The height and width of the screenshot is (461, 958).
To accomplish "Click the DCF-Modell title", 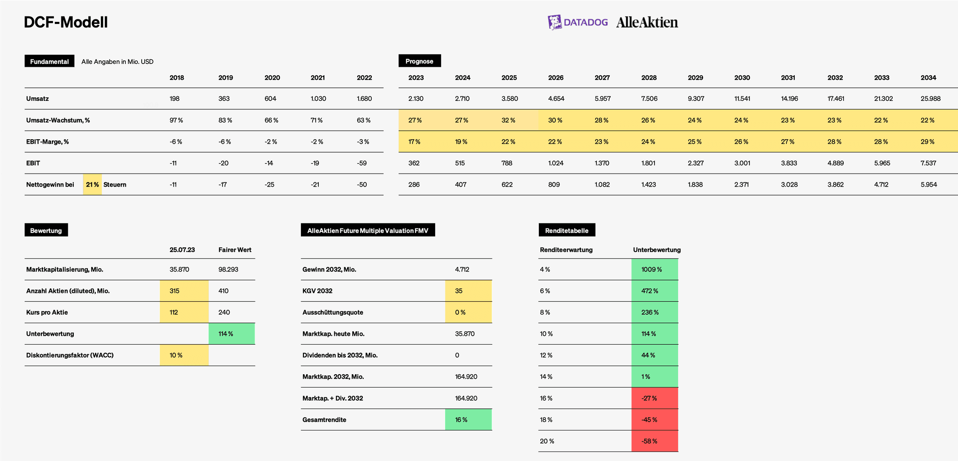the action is point(66,22).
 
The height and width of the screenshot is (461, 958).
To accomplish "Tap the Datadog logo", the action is point(578,22).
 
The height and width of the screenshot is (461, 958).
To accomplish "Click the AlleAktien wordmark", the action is point(647,22).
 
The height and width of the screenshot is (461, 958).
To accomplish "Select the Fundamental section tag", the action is point(49,61).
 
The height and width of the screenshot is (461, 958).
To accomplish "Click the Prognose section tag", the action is point(420,61).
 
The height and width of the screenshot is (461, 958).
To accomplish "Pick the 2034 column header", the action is point(928,78).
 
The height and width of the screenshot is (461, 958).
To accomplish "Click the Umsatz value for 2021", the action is point(318,99).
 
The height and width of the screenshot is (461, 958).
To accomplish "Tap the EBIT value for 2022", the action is point(362,163).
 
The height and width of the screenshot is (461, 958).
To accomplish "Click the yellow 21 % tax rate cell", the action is point(92,185).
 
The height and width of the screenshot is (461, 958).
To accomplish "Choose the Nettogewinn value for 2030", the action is point(741,185).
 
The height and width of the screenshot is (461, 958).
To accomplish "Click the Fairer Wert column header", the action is point(235,250).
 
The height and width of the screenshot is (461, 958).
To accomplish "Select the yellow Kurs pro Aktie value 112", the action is point(184,312).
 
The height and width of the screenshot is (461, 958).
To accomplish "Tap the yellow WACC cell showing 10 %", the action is point(184,355).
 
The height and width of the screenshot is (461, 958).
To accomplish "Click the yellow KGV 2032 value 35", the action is point(469,291).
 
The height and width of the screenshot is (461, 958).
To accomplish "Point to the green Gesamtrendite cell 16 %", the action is point(469,420).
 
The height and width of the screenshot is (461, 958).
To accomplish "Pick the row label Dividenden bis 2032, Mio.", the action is point(340,355).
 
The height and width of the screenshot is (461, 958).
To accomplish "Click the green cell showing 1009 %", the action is point(655,269).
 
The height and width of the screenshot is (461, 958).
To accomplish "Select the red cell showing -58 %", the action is point(655,441).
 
